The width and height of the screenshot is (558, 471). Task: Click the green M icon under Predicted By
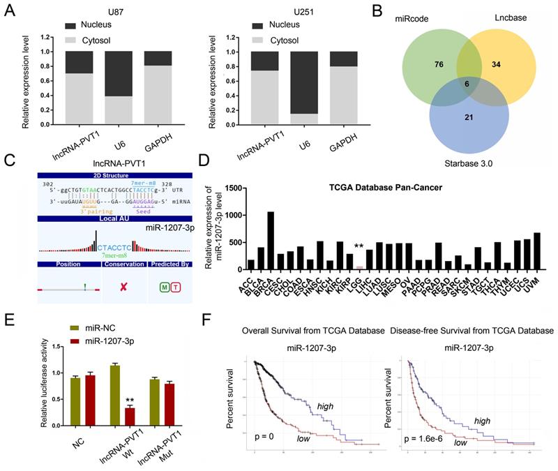pyautogui.click(x=165, y=287)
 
